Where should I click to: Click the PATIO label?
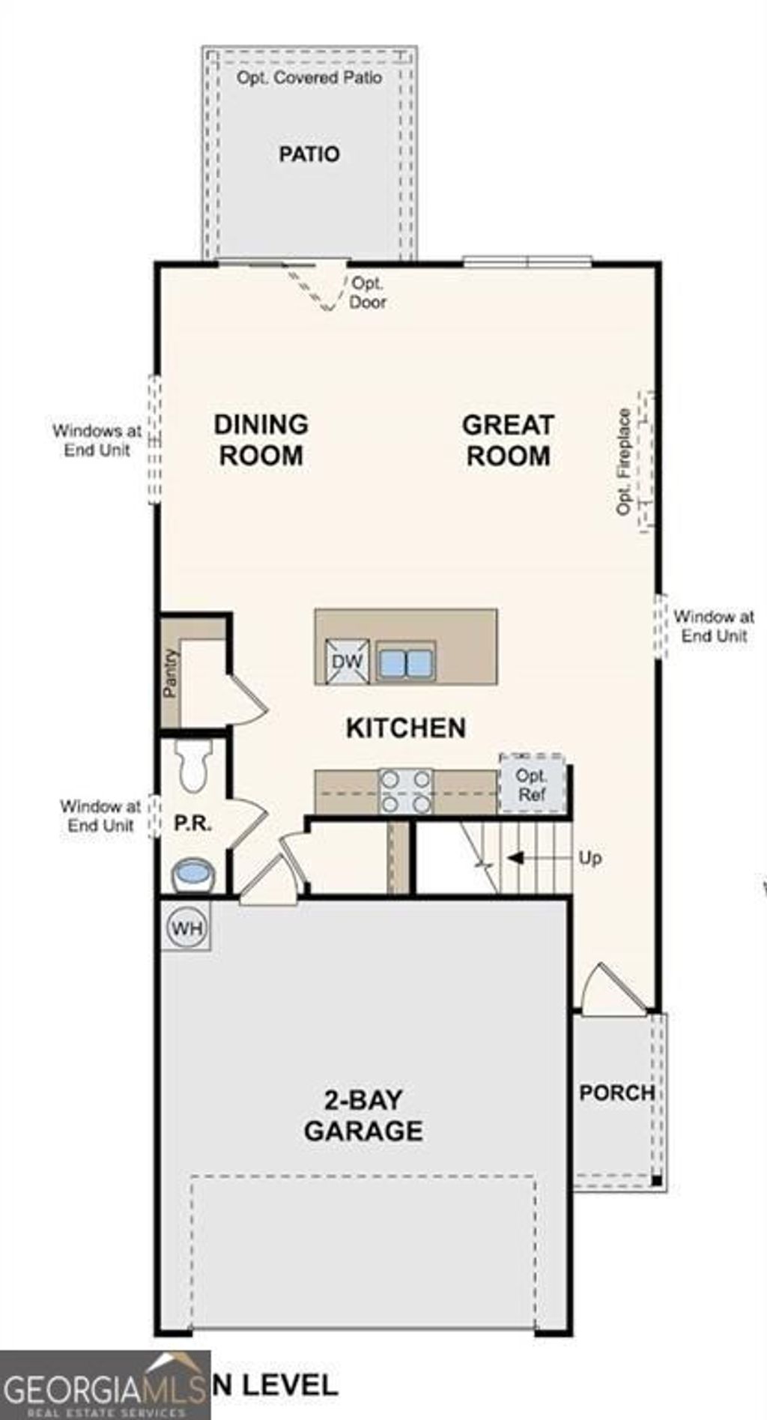click(x=309, y=154)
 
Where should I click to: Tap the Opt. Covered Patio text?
click(x=309, y=78)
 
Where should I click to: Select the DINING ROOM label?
click(x=261, y=440)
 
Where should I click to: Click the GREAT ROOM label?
click(x=508, y=440)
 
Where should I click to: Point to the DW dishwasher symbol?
click(x=347, y=662)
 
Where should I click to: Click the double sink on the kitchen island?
click(x=405, y=662)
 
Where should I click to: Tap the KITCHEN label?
click(x=405, y=728)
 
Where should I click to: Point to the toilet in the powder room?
click(x=194, y=766)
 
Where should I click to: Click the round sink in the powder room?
click(x=193, y=874)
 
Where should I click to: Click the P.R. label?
click(x=192, y=824)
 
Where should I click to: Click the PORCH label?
click(x=616, y=1093)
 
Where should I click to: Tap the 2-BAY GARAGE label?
click(x=363, y=1115)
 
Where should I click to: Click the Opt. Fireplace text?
click(x=624, y=461)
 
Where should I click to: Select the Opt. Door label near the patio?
click(x=368, y=293)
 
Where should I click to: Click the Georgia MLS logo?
click(x=105, y=1386)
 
